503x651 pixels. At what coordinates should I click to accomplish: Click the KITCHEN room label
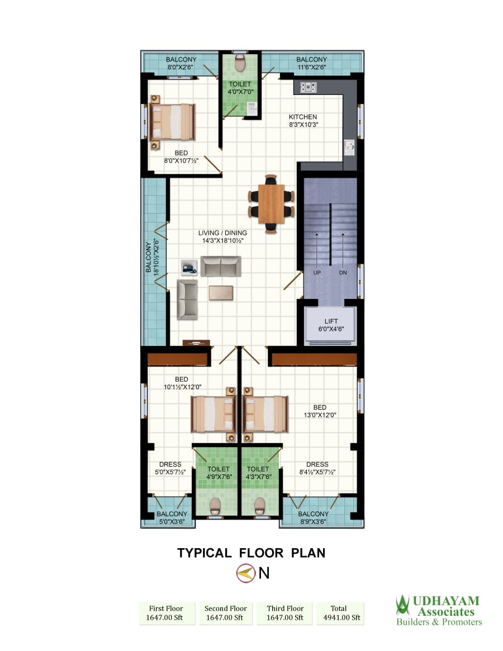(303, 117)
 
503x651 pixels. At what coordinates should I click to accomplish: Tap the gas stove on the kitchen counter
(309, 87)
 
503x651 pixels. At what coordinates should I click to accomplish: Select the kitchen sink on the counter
(349, 148)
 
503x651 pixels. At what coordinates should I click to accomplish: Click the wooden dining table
(271, 204)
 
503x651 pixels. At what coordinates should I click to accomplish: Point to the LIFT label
(331, 321)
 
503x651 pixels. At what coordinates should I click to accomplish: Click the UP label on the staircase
(317, 273)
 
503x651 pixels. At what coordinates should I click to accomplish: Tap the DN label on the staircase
(343, 273)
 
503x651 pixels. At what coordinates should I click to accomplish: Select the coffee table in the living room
(221, 293)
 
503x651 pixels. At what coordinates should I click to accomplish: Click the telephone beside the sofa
(189, 267)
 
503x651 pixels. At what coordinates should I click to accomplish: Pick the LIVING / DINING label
(222, 233)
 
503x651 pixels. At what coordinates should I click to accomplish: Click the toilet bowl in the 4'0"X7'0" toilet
(240, 63)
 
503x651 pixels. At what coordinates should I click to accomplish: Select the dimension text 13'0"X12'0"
(320, 415)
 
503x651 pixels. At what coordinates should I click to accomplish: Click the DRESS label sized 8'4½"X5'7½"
(317, 464)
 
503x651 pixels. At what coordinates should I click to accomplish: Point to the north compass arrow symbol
(246, 573)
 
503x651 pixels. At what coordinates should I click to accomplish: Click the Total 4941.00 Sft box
(340, 613)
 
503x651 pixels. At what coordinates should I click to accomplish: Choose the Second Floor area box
(225, 613)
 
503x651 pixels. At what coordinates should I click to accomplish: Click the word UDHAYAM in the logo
(446, 601)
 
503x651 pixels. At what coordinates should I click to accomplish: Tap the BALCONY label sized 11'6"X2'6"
(311, 59)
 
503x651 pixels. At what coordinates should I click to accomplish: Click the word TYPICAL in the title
(205, 553)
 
